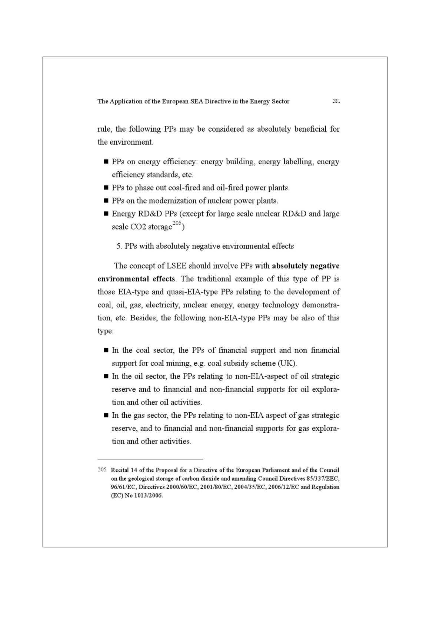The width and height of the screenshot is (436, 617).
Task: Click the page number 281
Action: (336, 101)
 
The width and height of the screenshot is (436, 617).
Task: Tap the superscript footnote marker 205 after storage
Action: (177, 223)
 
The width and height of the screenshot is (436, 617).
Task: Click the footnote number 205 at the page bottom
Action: (102, 469)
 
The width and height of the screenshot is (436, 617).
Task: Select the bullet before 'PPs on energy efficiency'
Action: (106, 162)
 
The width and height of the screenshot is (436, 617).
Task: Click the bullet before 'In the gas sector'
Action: (106, 415)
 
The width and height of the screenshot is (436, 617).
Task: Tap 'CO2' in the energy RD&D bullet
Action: (138, 227)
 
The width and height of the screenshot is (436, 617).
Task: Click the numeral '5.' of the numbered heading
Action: (119, 246)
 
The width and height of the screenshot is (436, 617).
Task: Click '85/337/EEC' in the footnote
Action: (323, 478)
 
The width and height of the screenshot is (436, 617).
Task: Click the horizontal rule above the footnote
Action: (150, 459)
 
